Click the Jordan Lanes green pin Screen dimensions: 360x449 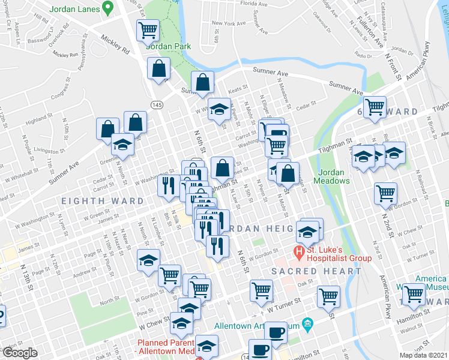108,8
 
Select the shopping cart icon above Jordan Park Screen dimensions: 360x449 148,29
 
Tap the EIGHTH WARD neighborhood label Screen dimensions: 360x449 101,201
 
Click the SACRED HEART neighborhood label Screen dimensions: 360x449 316,271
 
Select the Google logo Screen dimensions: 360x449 19,353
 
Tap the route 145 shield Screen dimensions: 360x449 157,105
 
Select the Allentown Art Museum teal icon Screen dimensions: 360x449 307,324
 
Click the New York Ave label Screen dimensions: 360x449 229,24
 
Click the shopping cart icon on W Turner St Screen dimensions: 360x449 262,290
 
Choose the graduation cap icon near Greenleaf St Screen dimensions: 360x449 122,145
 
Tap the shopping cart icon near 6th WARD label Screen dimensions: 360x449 375,107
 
